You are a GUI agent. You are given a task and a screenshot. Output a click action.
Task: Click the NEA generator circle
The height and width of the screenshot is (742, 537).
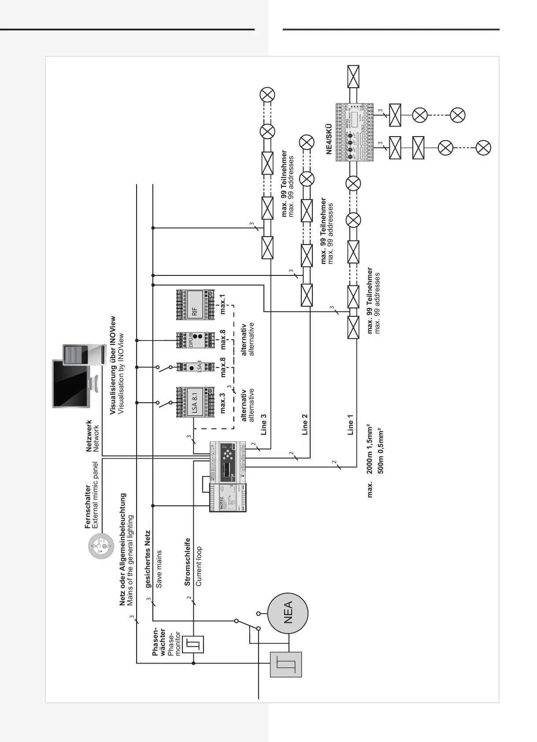288,613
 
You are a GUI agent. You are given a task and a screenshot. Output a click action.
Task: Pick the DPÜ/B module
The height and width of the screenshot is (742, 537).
193,340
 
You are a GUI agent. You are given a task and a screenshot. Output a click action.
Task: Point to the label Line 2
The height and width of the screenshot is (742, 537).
304,424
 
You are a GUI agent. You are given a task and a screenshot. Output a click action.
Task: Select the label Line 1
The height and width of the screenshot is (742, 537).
350,424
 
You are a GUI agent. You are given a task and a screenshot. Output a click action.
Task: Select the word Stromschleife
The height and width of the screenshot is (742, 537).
187,562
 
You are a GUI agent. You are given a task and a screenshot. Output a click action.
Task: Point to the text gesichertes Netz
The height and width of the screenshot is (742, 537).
148,559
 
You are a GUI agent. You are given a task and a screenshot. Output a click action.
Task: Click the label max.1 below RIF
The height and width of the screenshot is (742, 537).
222,304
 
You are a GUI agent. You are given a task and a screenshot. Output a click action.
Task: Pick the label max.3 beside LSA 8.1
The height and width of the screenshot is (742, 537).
222,403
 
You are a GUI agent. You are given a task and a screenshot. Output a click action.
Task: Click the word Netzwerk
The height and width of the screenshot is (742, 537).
89,436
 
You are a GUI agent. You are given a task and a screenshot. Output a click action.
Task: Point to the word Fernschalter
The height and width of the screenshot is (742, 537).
89,507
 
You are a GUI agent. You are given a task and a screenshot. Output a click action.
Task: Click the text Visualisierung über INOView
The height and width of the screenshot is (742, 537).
113,365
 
